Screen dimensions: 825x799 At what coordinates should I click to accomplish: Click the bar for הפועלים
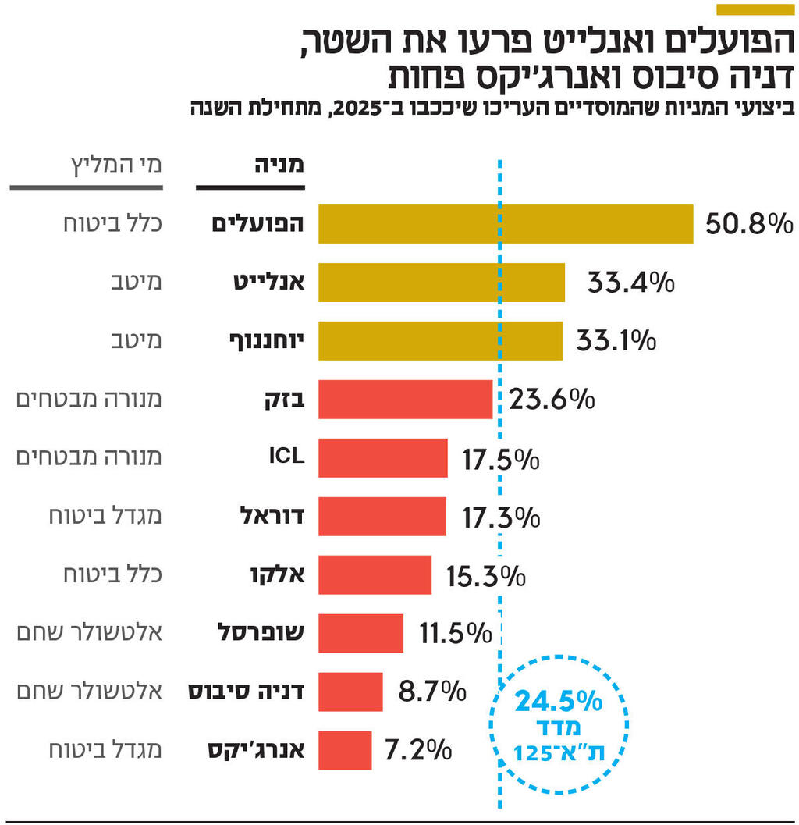(506, 224)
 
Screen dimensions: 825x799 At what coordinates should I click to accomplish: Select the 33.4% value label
(630, 282)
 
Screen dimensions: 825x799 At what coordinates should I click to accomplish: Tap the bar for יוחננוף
(440, 340)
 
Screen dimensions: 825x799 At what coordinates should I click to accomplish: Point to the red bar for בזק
(405, 399)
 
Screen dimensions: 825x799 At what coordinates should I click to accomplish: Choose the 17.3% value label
(500, 517)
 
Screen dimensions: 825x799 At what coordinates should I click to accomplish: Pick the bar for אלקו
(375, 575)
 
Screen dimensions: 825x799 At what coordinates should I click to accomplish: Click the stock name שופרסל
(261, 632)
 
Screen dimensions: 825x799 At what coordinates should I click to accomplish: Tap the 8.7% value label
(431, 691)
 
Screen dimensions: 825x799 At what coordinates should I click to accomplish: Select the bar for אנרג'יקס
(345, 750)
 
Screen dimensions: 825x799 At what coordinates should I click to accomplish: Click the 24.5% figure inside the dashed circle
(558, 702)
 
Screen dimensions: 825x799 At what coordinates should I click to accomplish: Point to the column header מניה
(279, 165)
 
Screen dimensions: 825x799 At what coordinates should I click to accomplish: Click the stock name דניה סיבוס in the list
(247, 691)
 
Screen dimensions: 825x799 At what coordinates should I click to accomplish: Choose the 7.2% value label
(418, 750)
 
